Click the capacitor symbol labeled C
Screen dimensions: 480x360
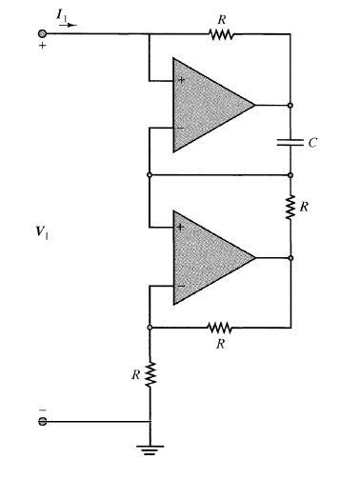pos(290,142)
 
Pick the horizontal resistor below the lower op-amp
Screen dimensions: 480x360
pos(220,326)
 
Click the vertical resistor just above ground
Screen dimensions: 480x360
pos(150,376)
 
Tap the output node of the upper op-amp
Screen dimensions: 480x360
pos(290,104)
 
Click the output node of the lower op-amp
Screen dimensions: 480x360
pos(290,257)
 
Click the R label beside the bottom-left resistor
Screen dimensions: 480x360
pos(134,376)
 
